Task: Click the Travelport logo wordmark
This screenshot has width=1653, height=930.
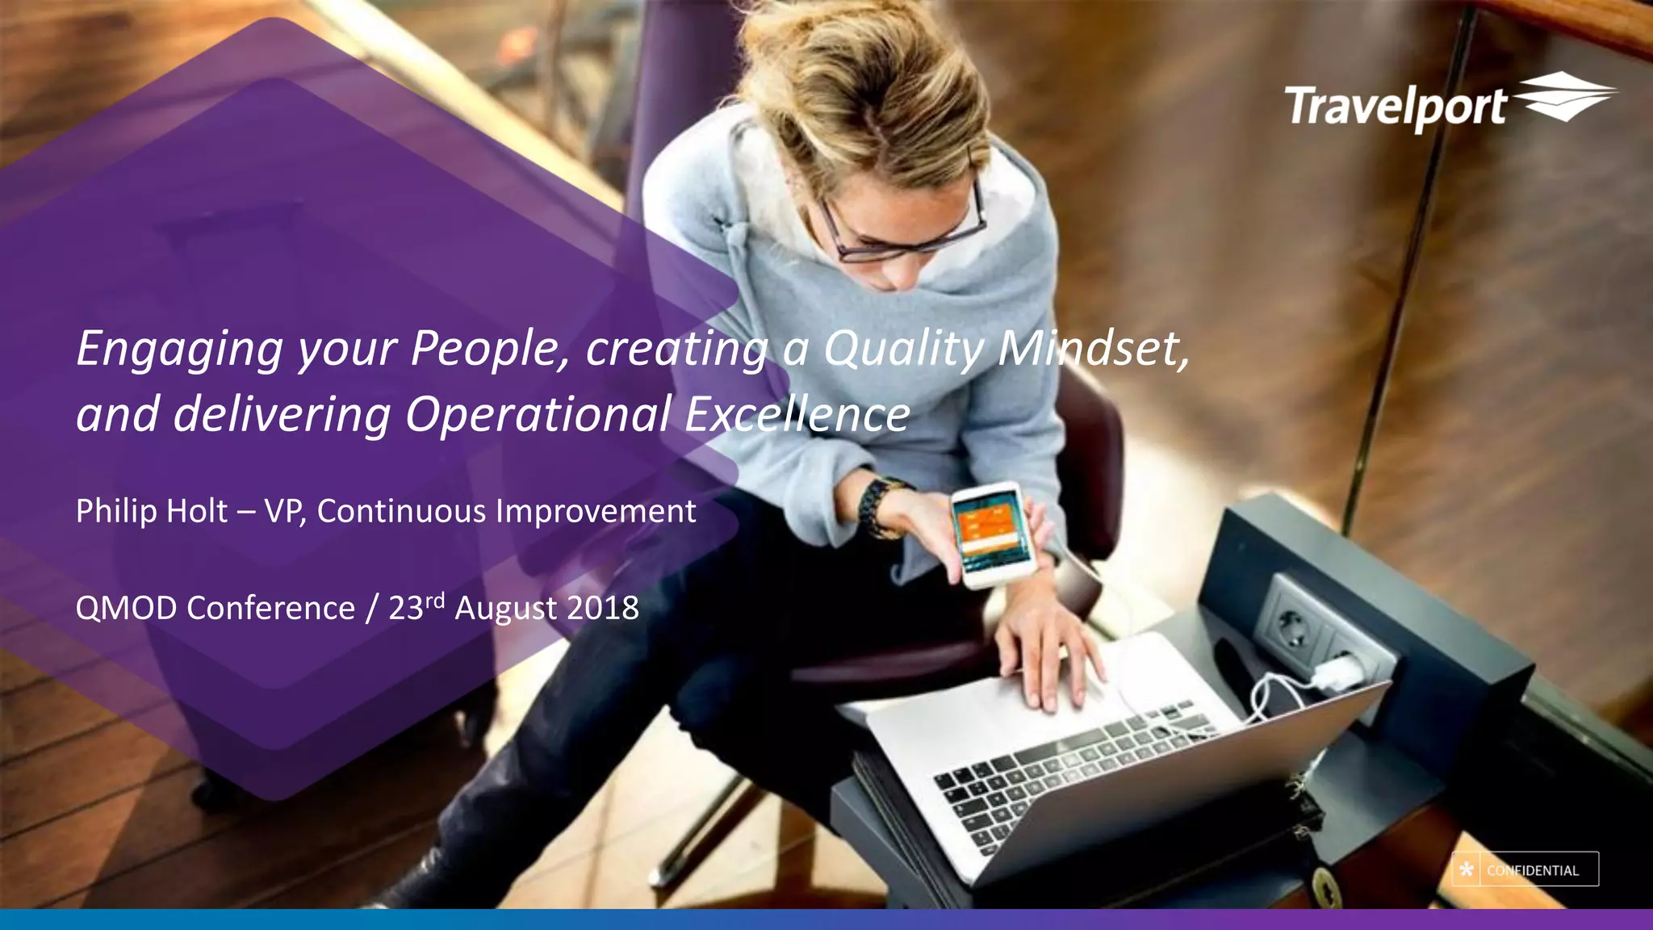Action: coord(1395,107)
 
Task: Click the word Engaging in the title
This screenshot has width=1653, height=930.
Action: coord(179,350)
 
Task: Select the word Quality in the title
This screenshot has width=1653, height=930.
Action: coord(903,350)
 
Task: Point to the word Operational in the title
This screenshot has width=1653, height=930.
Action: coord(538,414)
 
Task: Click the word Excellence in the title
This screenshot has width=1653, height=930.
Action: coord(797,414)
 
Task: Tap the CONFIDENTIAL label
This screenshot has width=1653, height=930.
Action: coord(1533,870)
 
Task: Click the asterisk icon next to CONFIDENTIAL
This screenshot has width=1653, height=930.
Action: coord(1467,869)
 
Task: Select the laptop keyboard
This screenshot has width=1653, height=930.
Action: coord(1073,767)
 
